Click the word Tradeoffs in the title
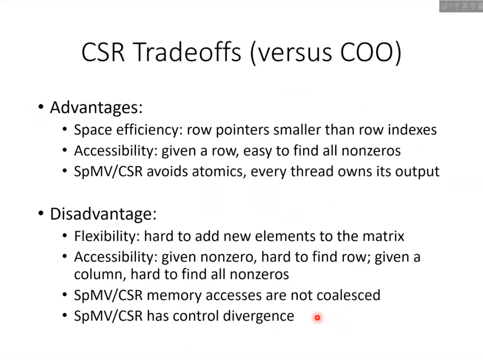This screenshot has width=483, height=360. click(x=187, y=52)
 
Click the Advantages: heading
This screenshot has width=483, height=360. click(x=96, y=108)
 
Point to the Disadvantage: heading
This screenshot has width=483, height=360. click(x=103, y=214)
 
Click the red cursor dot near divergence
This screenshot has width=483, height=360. click(x=317, y=317)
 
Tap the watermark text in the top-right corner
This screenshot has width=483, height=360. click(x=462, y=6)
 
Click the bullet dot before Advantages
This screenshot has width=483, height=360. click(x=41, y=107)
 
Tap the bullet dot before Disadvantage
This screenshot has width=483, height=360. click(x=41, y=214)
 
